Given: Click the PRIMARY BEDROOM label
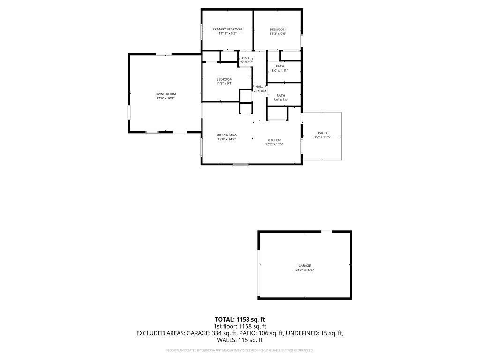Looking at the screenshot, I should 227,29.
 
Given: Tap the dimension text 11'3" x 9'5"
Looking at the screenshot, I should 277,34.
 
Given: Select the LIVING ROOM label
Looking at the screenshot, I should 165,94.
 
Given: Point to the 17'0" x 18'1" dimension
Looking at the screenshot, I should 165,98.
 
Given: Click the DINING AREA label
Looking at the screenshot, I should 226,135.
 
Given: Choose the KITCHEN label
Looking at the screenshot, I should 274,140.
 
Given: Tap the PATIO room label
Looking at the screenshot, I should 322,133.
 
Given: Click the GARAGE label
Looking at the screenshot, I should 305,266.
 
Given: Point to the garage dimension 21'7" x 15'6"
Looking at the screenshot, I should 305,270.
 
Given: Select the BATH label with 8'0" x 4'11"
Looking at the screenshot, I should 280,66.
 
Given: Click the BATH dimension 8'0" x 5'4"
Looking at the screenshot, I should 280,100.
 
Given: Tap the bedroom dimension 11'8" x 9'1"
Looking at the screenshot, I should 224,83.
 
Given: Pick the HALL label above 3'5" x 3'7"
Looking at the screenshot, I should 246,58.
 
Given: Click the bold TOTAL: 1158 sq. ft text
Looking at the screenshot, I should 240,319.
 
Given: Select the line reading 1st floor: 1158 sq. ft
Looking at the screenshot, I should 240,326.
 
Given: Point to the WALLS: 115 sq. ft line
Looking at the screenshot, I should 240,340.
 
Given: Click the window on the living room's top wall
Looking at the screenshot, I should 165,54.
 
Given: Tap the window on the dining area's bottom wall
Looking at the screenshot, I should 240,164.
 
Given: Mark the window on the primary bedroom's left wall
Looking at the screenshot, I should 202,32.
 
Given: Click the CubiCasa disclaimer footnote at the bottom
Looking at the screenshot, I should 240,350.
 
